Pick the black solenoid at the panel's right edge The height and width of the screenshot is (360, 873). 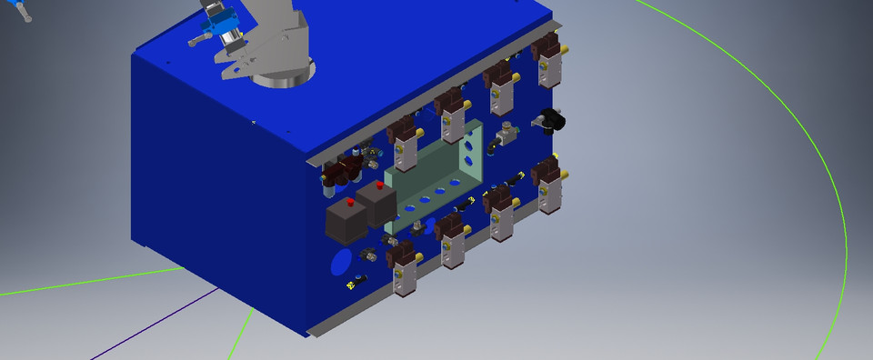550,118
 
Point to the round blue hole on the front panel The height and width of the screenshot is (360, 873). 341,263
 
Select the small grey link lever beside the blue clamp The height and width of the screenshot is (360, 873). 201,40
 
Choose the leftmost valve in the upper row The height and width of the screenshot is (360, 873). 401,141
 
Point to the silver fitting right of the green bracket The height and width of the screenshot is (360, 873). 503,139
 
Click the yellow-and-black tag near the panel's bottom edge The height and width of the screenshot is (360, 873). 352,287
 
